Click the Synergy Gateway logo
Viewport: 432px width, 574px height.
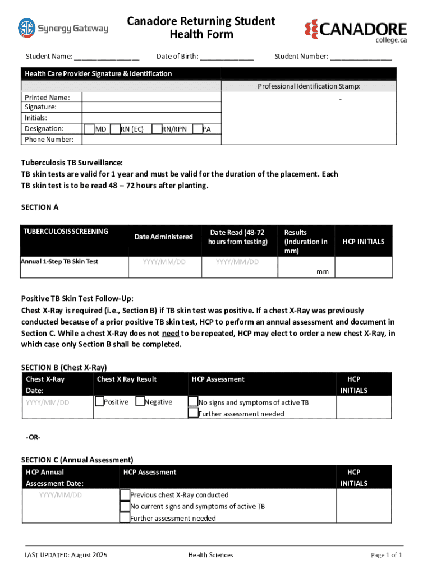click(x=63, y=28)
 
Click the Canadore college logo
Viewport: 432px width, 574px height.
click(x=356, y=31)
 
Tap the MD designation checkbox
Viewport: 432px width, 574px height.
click(x=89, y=129)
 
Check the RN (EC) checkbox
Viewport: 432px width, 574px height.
click(x=116, y=129)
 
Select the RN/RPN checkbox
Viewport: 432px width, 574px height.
click(x=157, y=129)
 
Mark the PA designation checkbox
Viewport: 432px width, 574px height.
click(x=197, y=129)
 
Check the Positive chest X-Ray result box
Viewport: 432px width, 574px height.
click(x=99, y=401)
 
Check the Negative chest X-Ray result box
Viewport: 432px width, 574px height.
click(x=140, y=401)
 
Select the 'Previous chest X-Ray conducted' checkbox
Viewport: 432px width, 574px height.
click(x=125, y=494)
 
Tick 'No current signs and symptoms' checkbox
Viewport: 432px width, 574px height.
click(x=125, y=506)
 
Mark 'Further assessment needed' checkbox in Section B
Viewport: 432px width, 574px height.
click(x=193, y=414)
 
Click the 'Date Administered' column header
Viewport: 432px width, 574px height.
click(x=163, y=237)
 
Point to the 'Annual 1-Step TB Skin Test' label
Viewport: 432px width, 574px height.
click(x=59, y=261)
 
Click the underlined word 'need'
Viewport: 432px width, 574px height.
click(x=171, y=333)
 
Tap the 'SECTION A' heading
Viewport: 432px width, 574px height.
click(x=40, y=207)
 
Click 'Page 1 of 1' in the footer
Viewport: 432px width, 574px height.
click(x=386, y=555)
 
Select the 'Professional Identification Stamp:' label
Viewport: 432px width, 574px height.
click(x=309, y=86)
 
